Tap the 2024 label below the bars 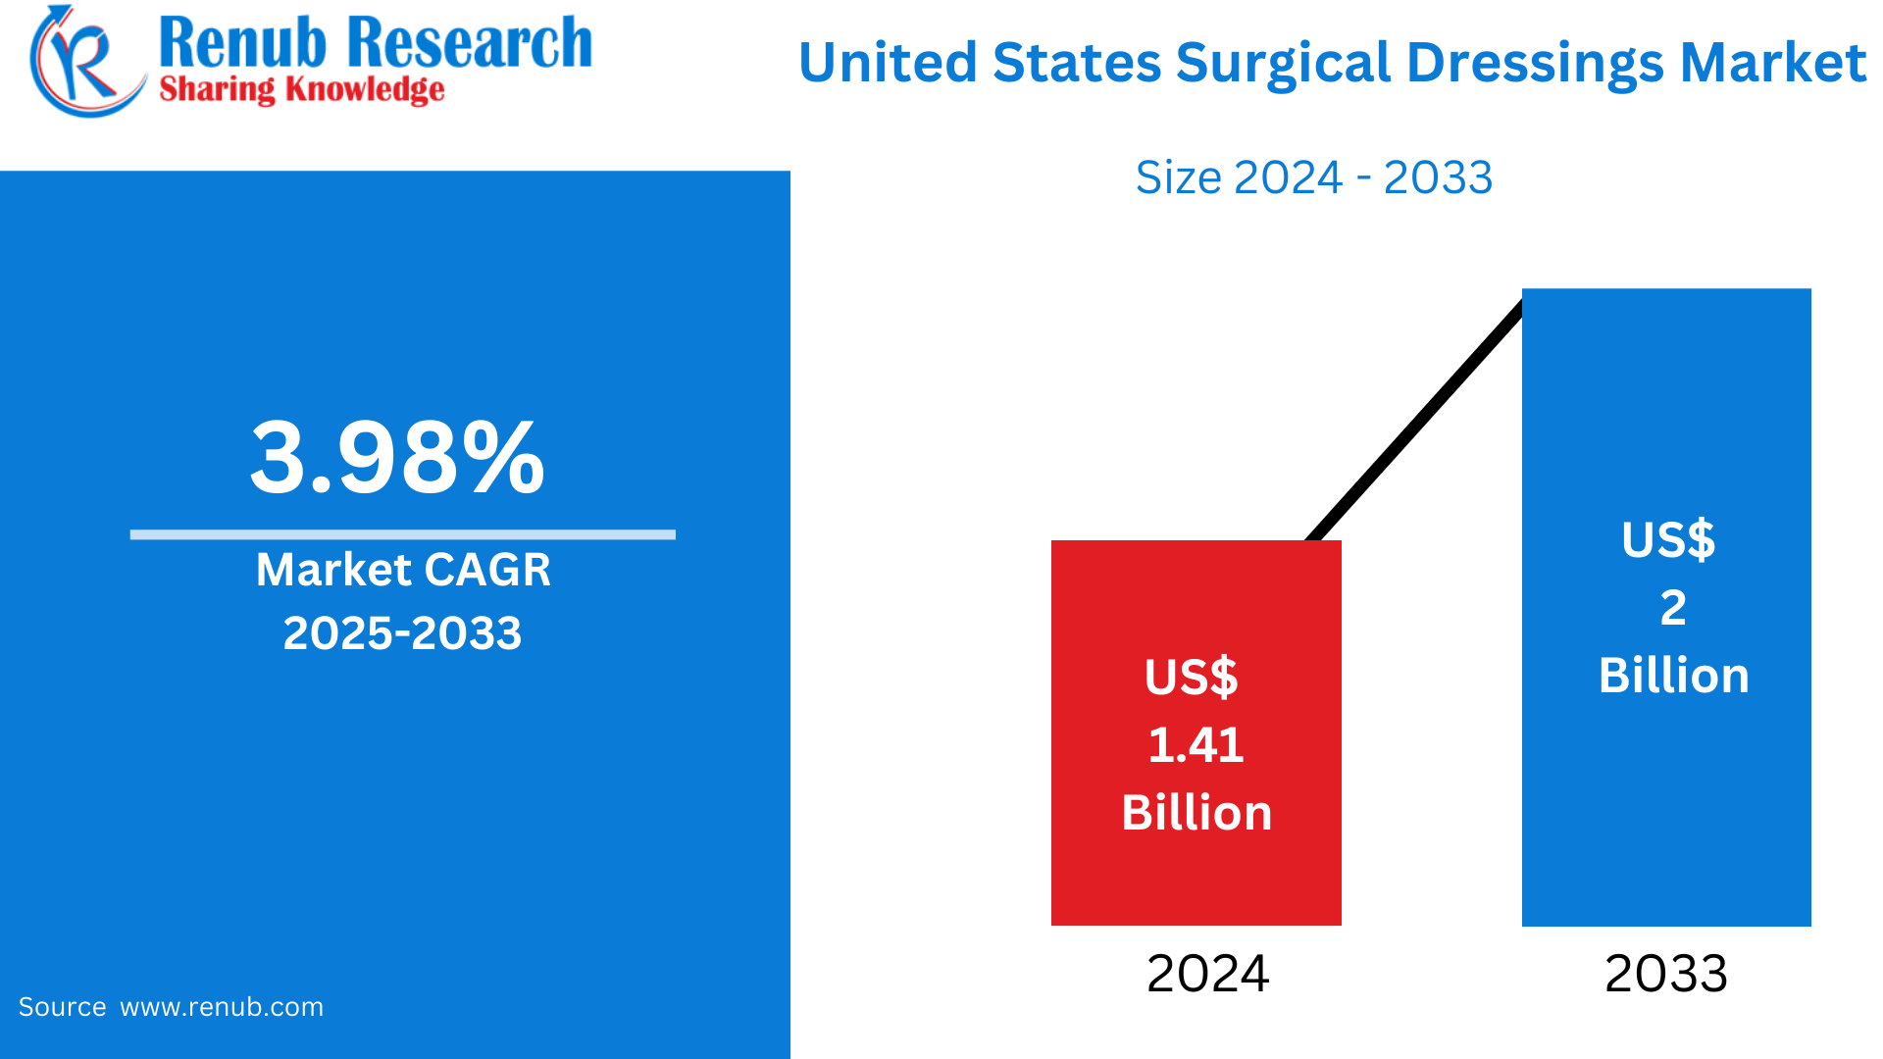[x=1207, y=974]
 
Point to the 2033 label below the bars [x=1665, y=974]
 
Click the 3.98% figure [x=397, y=458]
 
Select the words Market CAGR [x=403, y=570]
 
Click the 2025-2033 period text [x=402, y=633]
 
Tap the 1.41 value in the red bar [x=1196, y=745]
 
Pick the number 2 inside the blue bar [x=1672, y=608]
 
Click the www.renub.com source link [x=222, y=1007]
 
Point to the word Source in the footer [x=62, y=1007]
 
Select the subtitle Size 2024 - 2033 [x=1313, y=177]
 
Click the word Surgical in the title [x=1284, y=64]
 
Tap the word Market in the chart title [x=1772, y=64]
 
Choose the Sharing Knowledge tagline [x=301, y=90]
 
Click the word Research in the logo [x=470, y=43]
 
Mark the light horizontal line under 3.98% [x=402, y=534]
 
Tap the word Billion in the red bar [x=1196, y=813]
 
